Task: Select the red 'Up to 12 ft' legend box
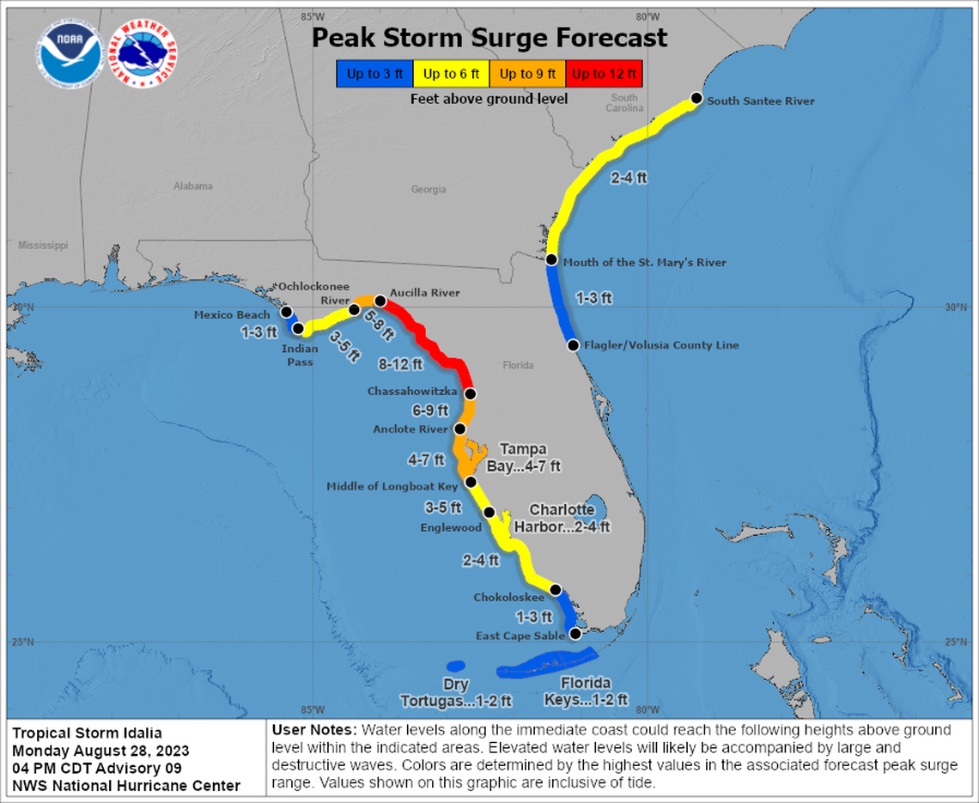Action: (604, 74)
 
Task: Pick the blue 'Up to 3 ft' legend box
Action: (374, 74)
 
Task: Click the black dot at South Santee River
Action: (696, 100)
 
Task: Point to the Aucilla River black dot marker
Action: (380, 301)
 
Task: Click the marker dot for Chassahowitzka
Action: (471, 394)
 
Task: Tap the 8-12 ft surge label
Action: (401, 364)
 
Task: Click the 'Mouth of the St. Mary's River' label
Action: (644, 263)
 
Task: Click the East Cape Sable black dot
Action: (575, 634)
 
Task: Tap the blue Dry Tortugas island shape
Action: (455, 666)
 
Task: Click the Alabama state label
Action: (192, 186)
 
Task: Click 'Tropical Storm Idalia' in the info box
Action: (87, 733)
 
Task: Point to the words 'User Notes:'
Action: (307, 730)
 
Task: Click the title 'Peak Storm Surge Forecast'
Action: (489, 38)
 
